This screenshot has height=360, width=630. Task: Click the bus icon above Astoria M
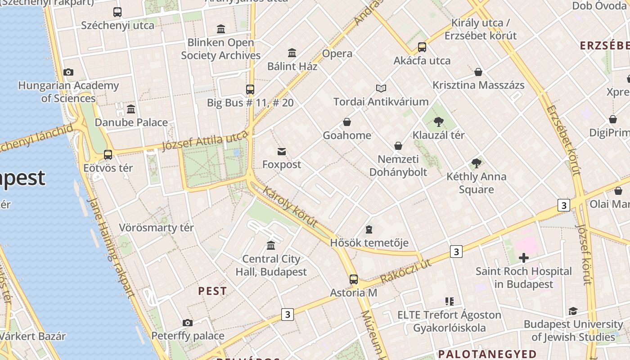(354, 279)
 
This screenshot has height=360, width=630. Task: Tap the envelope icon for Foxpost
(282, 151)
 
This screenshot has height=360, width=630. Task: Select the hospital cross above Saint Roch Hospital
(524, 258)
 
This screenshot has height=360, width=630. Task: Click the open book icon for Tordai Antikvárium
(381, 88)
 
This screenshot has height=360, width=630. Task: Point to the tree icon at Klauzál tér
(439, 121)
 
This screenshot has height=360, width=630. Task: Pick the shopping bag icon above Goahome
(347, 122)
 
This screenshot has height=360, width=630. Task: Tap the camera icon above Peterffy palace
(188, 323)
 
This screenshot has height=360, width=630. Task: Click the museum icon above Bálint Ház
(292, 53)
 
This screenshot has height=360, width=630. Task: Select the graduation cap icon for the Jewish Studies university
(573, 311)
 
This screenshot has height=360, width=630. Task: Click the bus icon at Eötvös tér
(108, 155)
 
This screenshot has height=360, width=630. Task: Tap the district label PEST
(212, 291)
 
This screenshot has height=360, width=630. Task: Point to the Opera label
(337, 54)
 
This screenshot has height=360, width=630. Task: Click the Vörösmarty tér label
(156, 228)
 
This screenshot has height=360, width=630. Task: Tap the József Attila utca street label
(205, 142)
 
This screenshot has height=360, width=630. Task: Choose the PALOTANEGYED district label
(487, 354)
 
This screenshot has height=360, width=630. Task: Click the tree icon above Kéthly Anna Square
(477, 163)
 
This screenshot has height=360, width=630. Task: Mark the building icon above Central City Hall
(271, 245)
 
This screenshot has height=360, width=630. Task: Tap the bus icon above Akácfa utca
(422, 47)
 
